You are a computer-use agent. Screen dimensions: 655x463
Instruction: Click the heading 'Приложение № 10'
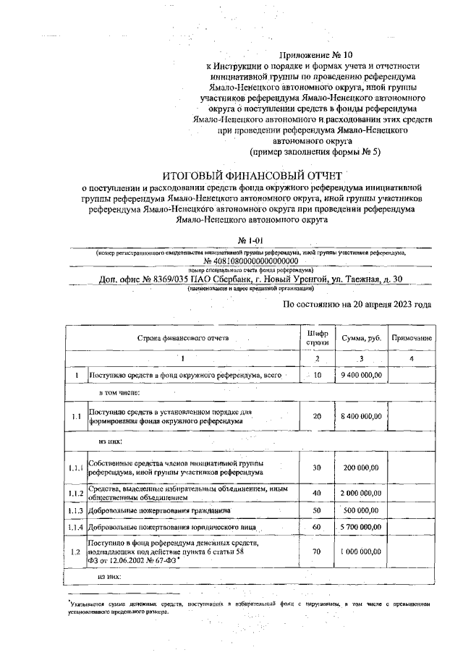pyautogui.click(x=318, y=54)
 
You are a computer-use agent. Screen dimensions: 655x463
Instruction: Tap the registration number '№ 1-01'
pyautogui.click(x=250, y=240)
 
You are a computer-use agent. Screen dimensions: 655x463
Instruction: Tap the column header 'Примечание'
pyautogui.click(x=411, y=338)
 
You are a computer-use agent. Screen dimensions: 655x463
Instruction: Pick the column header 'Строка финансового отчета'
pyautogui.click(x=184, y=338)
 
